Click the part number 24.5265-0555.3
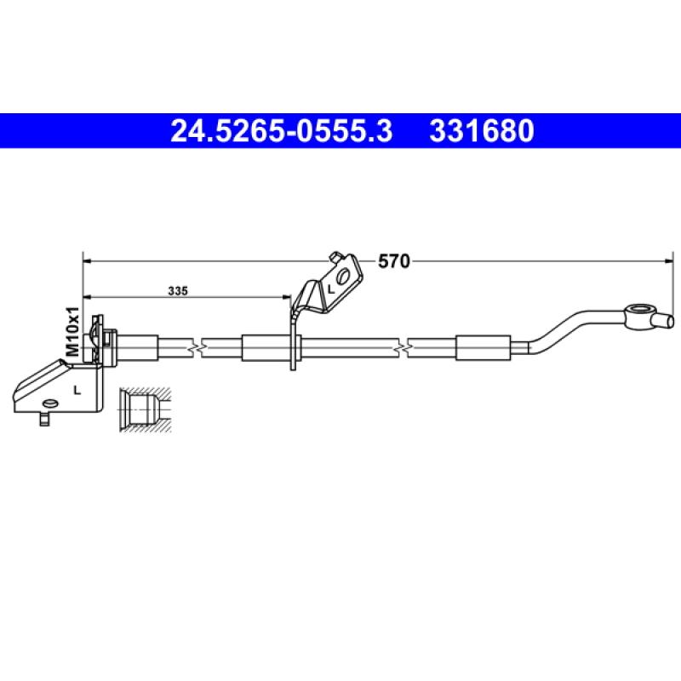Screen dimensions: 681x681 click(282, 131)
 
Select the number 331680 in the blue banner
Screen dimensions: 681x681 click(482, 131)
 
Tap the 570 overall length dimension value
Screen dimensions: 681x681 click(393, 262)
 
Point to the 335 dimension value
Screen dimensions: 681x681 click(177, 290)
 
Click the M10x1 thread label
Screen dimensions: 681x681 click(73, 331)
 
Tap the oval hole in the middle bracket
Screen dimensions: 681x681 click(344, 277)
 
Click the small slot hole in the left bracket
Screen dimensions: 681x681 click(52, 403)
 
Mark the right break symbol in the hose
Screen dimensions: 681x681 click(409, 348)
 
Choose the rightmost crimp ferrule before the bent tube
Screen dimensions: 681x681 click(483, 347)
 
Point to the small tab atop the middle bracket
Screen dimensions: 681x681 click(336, 255)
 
